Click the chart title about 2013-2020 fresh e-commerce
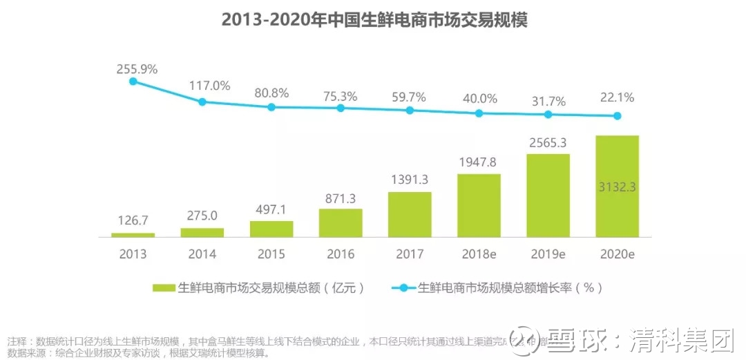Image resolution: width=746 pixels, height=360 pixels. (x=374, y=20)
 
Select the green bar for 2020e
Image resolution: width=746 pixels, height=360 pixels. (x=617, y=186)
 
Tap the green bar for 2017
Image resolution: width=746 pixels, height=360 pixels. (x=410, y=214)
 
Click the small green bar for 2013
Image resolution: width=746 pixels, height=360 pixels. (x=133, y=235)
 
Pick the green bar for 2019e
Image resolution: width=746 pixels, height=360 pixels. (x=548, y=195)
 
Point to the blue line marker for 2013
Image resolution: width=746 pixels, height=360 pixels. (x=133, y=81)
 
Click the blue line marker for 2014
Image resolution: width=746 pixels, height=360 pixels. (x=202, y=102)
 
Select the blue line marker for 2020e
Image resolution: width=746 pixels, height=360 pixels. (x=618, y=116)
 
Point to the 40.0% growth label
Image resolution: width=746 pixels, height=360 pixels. (x=479, y=98)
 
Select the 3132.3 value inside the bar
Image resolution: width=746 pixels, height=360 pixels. (x=618, y=187)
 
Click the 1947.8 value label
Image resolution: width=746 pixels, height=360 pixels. (x=479, y=162)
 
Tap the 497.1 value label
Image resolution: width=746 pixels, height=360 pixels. (x=271, y=209)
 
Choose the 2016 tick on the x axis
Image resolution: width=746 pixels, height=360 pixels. (x=341, y=254)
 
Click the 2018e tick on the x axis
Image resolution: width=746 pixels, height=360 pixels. (x=479, y=254)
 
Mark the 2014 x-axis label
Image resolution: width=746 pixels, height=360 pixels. (x=202, y=254)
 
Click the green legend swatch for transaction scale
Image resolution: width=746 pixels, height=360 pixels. (x=164, y=287)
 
